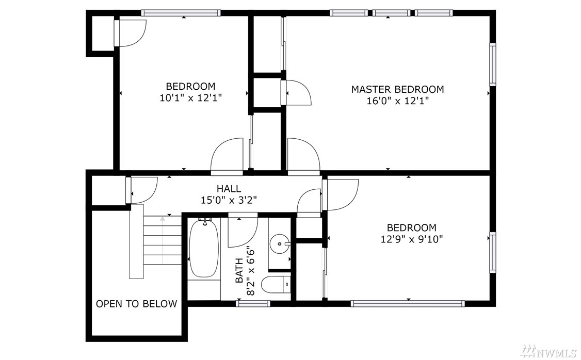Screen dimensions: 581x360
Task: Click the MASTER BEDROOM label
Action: (397, 89)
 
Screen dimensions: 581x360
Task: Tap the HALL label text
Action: (229, 189)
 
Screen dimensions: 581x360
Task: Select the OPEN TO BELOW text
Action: (136, 304)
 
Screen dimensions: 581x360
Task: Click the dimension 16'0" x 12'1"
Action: (398, 101)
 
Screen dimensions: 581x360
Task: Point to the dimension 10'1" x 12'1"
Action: (191, 98)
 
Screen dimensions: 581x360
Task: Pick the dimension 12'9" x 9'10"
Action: (412, 239)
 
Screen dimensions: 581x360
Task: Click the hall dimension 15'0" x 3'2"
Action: (229, 200)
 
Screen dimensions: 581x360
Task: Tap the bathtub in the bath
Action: (203, 249)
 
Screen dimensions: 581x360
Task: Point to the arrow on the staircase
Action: (163, 240)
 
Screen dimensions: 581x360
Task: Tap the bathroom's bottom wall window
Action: (253, 304)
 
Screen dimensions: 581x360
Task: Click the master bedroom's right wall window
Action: (492, 64)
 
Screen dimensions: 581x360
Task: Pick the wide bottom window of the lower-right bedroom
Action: (408, 304)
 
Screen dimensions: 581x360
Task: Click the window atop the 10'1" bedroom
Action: (181, 13)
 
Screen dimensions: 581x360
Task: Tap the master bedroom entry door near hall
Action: (303, 157)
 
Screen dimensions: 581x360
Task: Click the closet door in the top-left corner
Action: (130, 34)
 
